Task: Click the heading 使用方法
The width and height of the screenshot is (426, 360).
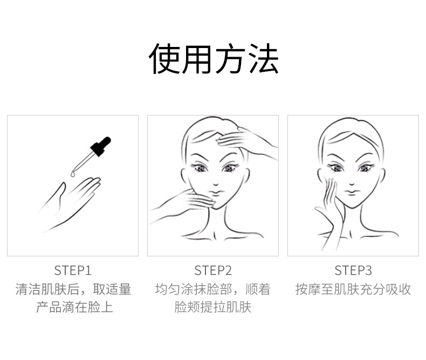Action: coord(214,58)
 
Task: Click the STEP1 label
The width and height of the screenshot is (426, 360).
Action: coord(73,270)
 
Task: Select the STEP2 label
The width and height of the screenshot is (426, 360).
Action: coord(213,270)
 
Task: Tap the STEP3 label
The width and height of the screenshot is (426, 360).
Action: coord(353,270)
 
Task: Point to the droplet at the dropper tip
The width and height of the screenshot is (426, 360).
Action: coord(73,174)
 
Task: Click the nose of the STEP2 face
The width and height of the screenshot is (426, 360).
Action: coord(216,184)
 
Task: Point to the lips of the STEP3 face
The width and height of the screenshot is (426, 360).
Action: coord(352,192)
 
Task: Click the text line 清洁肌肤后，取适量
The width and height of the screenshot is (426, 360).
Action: coord(73,289)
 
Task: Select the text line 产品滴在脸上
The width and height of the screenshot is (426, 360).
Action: coord(75,307)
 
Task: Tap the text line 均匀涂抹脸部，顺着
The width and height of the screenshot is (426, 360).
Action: coord(213,289)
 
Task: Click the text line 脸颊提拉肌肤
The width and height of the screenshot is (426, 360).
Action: coord(213,307)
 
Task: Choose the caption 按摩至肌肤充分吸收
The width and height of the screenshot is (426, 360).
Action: coord(353,289)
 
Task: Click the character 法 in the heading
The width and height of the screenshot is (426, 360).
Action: coord(264,58)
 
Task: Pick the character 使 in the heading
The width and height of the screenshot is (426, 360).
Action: coord(164,58)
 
